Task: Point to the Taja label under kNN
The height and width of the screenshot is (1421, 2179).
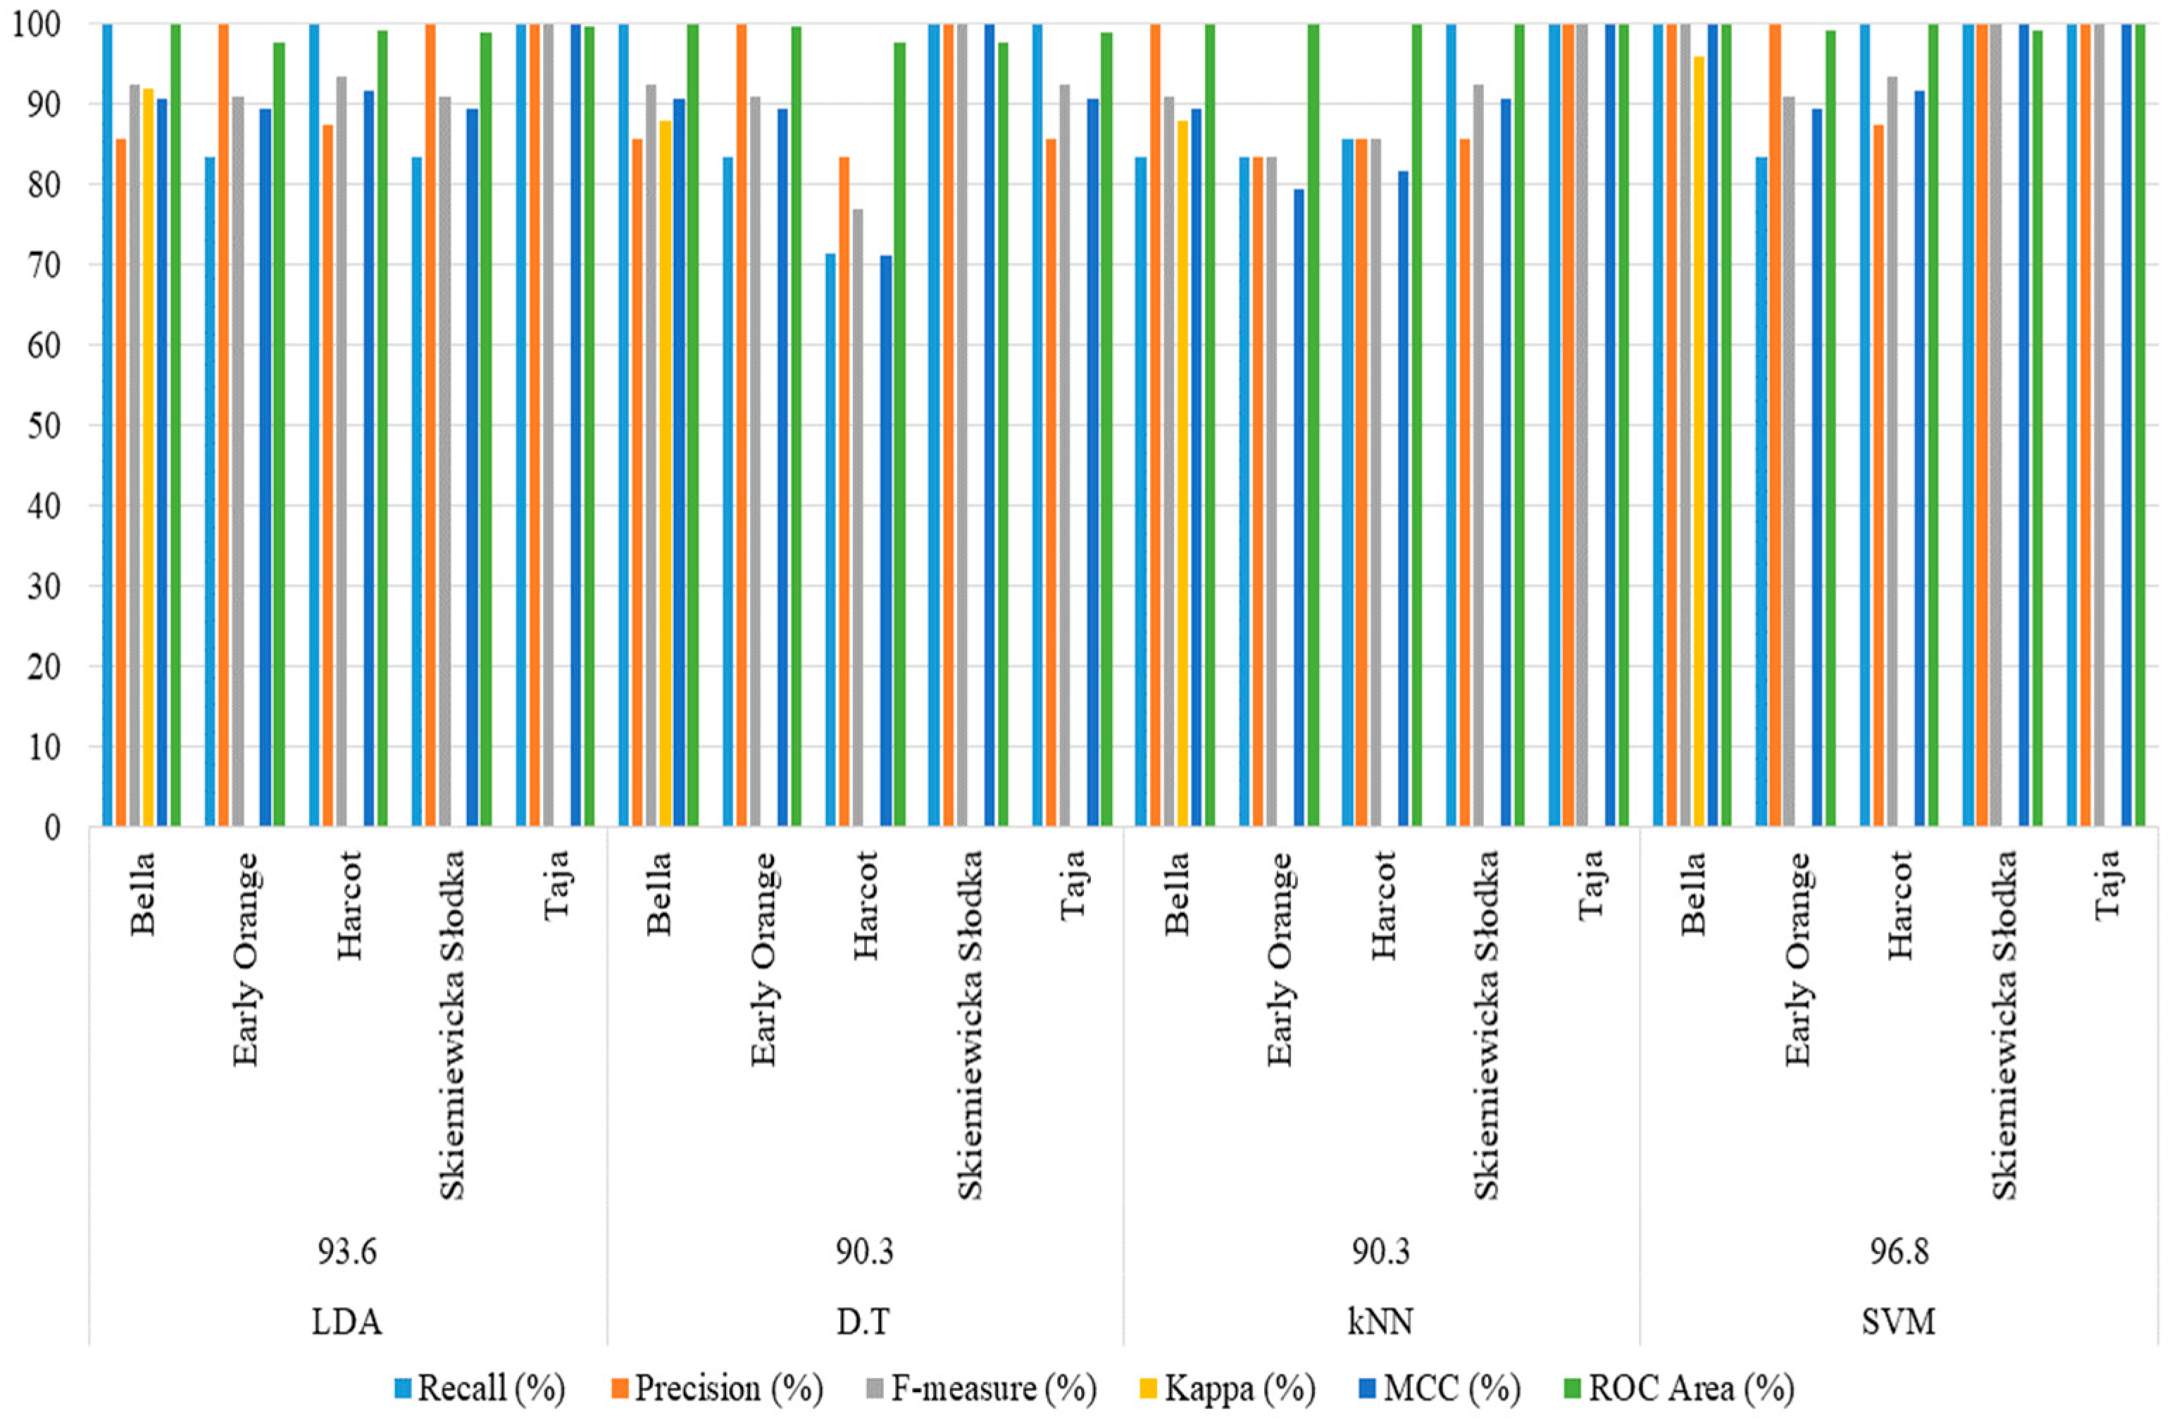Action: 1592,883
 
